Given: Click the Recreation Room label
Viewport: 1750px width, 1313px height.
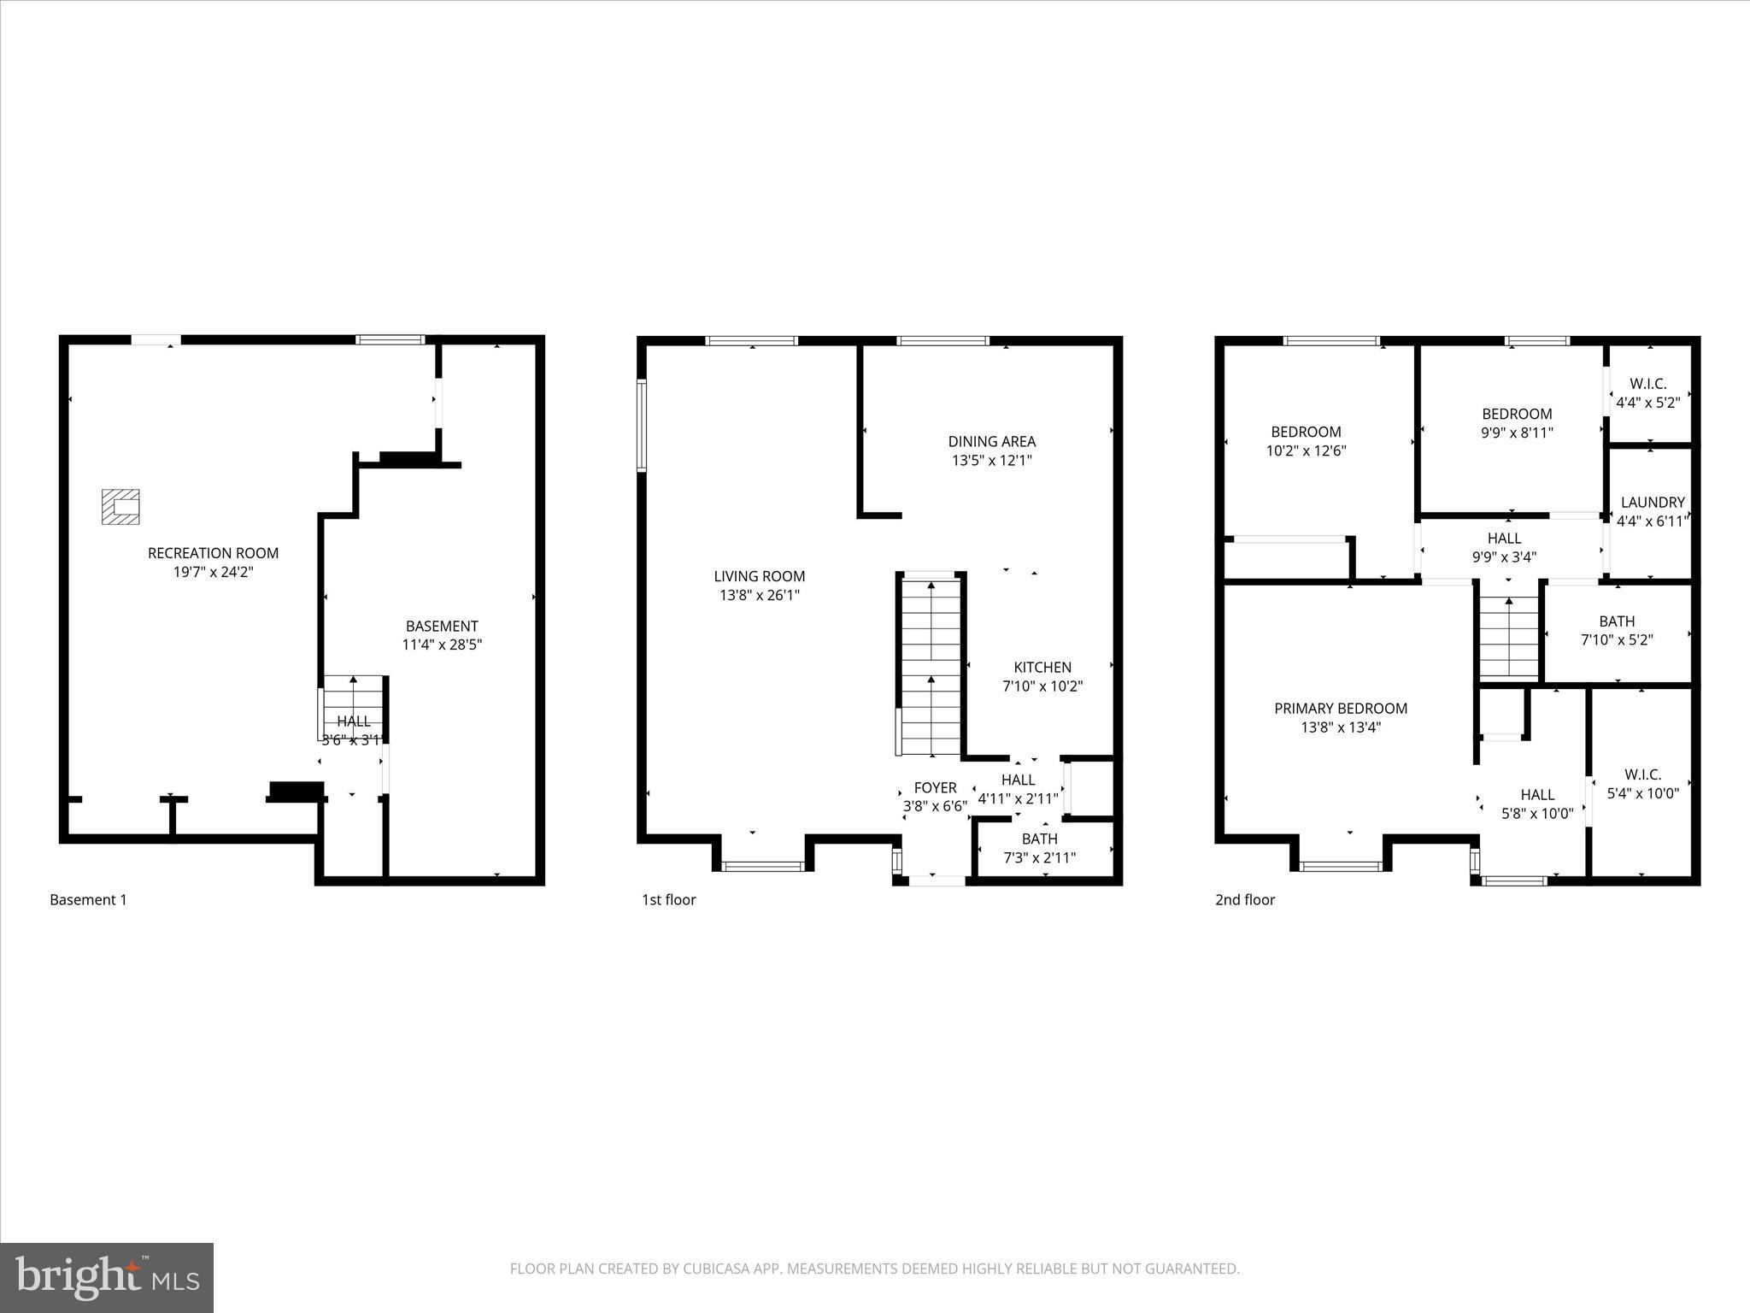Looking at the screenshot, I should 213,553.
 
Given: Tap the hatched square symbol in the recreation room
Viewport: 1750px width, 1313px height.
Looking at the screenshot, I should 120,507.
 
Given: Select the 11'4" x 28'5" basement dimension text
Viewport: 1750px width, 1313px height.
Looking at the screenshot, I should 442,645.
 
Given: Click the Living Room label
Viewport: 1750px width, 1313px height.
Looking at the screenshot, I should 759,576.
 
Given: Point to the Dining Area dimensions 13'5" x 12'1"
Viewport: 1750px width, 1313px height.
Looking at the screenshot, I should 991,461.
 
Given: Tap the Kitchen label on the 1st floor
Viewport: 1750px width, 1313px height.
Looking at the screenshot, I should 1042,668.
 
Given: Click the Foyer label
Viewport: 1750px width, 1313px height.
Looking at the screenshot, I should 935,787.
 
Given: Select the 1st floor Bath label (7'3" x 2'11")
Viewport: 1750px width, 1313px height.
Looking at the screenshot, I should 1039,839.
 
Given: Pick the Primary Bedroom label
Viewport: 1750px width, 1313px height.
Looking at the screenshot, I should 1340,709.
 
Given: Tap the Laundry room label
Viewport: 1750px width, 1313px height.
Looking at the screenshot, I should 1652,503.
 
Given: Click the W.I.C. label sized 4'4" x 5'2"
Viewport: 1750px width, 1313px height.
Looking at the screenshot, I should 1647,384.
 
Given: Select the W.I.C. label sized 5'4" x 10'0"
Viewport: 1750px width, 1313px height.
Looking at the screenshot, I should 1642,774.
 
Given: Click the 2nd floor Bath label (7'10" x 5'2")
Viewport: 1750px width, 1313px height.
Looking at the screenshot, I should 1617,621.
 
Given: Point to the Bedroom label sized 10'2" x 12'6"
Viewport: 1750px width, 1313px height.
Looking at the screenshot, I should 1306,432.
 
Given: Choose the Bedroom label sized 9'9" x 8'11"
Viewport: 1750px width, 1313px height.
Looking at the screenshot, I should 1517,414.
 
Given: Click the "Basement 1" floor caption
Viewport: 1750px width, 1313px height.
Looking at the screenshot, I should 88,899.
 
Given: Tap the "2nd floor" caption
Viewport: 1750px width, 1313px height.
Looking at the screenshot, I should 1244,899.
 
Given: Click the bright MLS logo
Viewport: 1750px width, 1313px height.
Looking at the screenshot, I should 107,1277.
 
